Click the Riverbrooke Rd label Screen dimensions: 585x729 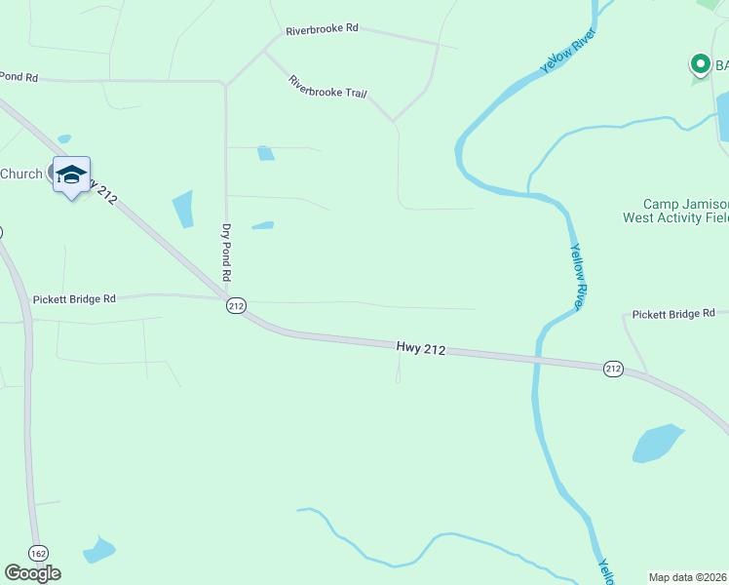[323, 29]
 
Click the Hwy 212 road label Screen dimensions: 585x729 [421, 347]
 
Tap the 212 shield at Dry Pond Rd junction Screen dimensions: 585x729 [235, 305]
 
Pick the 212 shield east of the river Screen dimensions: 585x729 [612, 368]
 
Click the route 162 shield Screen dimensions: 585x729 [38, 553]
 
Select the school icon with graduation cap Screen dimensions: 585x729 [71, 175]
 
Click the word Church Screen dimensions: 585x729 [21, 174]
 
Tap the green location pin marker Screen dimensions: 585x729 [700, 64]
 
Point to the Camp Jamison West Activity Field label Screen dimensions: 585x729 [675, 212]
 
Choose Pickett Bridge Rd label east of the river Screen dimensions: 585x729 [673, 314]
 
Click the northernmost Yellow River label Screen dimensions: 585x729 [567, 51]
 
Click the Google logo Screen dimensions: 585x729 [32, 572]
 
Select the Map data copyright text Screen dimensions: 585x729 [687, 577]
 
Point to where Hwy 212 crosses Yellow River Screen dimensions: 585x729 [535, 359]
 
